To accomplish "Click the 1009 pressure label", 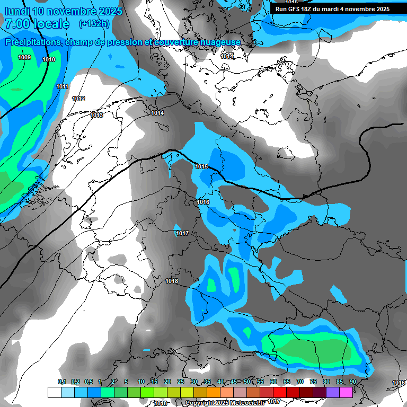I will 24,57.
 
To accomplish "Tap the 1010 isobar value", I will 49,60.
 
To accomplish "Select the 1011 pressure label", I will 63,86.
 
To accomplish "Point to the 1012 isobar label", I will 78,99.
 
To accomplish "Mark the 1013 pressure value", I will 96,115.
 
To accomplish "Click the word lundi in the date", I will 17,11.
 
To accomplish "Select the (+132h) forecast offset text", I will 94,23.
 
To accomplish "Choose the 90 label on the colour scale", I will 352,382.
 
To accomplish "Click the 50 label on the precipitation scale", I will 247,382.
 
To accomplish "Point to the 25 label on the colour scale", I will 181,382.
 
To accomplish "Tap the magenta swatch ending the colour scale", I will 346,392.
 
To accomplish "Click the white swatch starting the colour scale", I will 54,392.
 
